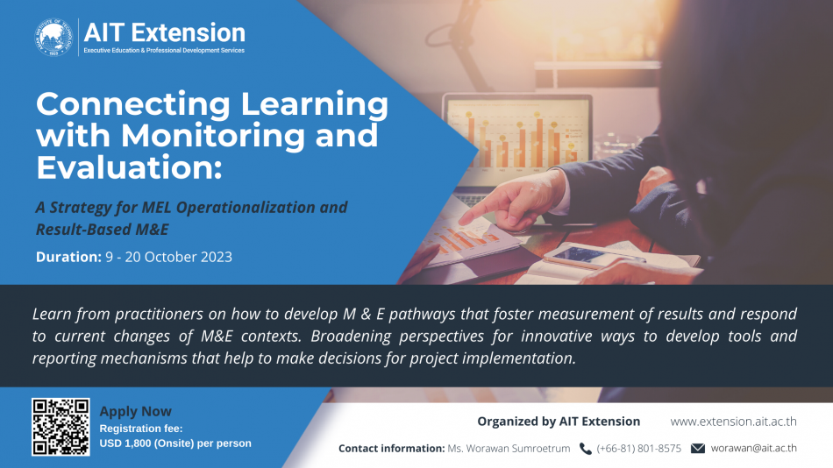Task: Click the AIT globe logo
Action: (x=53, y=38)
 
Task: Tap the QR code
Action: (x=61, y=427)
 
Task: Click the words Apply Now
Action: (x=135, y=412)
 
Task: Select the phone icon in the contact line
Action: (x=585, y=449)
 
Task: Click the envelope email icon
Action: (x=698, y=449)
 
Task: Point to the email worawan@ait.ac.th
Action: (x=754, y=449)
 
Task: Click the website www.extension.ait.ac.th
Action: (x=733, y=422)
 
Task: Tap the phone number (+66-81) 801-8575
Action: (x=638, y=449)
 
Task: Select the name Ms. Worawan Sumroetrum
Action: (x=509, y=449)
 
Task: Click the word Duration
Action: (x=68, y=257)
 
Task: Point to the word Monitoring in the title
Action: (x=213, y=137)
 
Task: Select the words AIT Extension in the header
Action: (x=165, y=33)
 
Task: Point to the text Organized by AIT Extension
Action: (x=559, y=422)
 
